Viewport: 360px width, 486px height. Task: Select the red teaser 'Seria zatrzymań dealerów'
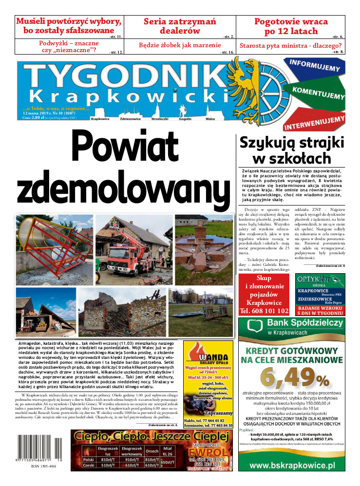(180, 26)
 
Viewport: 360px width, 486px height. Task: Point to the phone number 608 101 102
(264, 311)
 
